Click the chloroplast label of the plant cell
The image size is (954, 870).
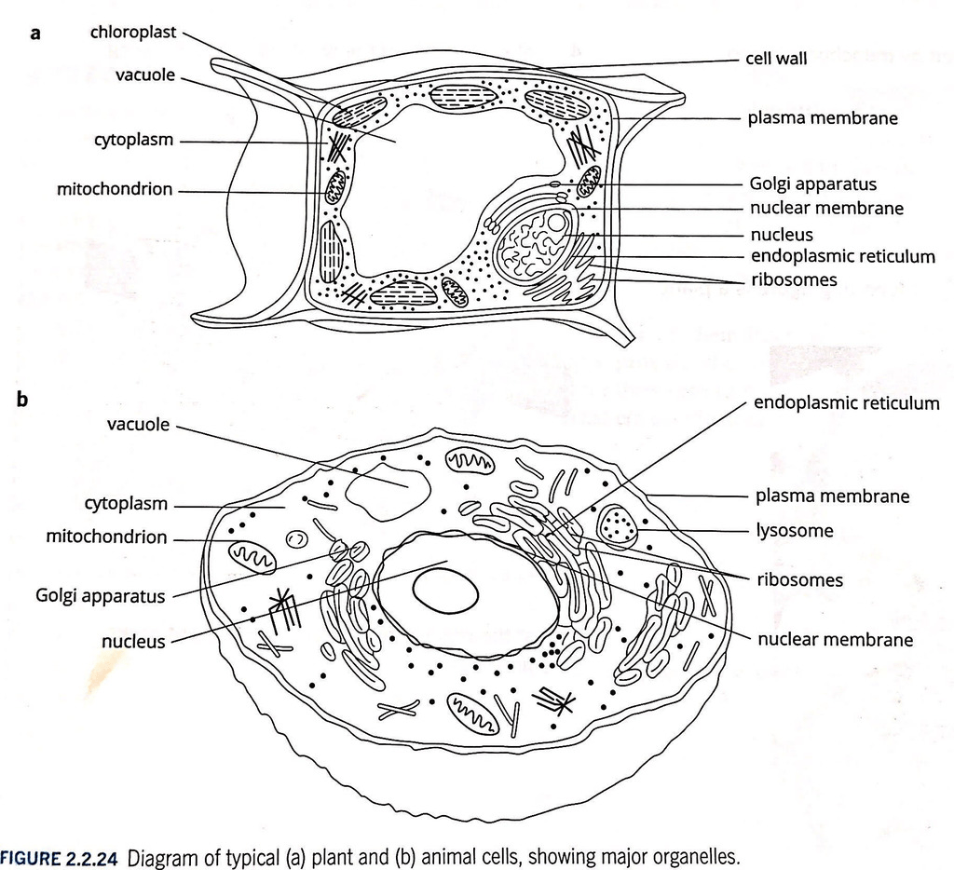click(133, 33)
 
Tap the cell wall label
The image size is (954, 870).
click(776, 59)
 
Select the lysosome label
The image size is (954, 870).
click(795, 531)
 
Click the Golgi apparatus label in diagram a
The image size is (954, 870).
click(812, 184)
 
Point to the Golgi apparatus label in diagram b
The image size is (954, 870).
click(101, 595)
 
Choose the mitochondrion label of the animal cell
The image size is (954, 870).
click(106, 537)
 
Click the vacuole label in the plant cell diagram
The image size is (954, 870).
click(145, 75)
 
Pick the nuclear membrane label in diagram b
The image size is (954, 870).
click(836, 639)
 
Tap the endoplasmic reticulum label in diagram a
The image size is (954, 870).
click(842, 256)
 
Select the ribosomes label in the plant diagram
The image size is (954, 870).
click(794, 279)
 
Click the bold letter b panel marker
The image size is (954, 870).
click(22, 399)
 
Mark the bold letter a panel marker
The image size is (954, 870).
click(35, 33)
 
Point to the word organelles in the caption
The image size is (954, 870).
click(696, 857)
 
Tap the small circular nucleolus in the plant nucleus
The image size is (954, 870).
click(557, 222)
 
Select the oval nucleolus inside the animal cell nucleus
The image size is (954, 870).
click(445, 590)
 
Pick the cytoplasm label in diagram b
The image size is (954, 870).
click(126, 504)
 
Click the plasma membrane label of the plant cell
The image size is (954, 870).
click(823, 118)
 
